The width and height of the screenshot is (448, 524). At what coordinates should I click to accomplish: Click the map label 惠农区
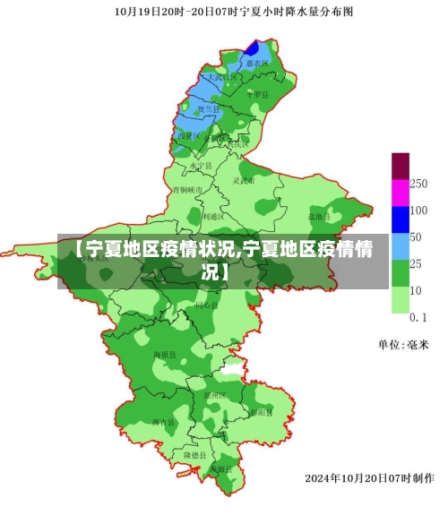click(x=260, y=64)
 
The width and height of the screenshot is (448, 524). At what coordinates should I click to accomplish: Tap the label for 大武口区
click(x=222, y=78)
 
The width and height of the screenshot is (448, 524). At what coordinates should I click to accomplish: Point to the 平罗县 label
click(x=257, y=94)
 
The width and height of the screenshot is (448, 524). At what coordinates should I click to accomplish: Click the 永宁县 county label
click(x=202, y=166)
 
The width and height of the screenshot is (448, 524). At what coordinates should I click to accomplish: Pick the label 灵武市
click(x=244, y=180)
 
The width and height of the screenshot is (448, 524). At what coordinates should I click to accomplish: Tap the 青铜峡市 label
click(x=188, y=190)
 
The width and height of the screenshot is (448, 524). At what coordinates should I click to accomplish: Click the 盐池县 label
click(x=319, y=217)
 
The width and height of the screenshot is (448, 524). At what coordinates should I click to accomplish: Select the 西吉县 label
click(x=163, y=421)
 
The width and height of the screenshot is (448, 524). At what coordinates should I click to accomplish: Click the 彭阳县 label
click(x=261, y=413)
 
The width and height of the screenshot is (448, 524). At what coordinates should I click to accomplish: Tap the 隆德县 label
click(x=195, y=455)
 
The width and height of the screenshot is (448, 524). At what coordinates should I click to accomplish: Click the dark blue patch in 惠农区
click(x=254, y=48)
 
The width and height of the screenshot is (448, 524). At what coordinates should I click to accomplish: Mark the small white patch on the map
click(x=232, y=368)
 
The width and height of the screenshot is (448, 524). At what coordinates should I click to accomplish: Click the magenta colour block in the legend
click(x=401, y=193)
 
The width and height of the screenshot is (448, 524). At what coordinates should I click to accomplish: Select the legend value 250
click(x=418, y=183)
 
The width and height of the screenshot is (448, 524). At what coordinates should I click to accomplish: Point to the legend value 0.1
click(x=418, y=317)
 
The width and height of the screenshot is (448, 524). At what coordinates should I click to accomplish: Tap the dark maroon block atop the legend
click(x=401, y=166)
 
